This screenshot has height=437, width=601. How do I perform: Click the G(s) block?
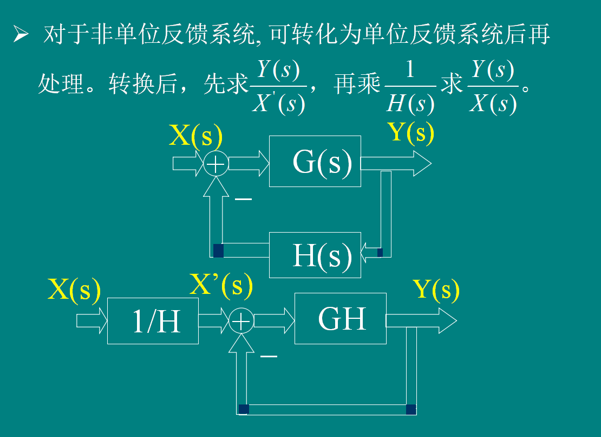click(315, 161)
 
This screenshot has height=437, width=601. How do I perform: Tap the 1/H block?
click(153, 321)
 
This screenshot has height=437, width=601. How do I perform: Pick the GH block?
click(340, 319)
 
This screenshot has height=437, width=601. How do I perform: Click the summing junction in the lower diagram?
click(241, 322)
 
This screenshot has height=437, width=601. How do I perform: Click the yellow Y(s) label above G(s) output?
click(411, 132)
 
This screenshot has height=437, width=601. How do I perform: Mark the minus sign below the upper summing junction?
click(243, 199)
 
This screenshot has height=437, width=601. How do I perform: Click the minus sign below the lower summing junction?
click(269, 356)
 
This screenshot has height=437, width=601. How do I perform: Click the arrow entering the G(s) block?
click(249, 163)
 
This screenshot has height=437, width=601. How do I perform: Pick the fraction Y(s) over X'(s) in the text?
click(279, 87)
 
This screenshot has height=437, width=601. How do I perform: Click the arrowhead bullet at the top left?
click(21, 36)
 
